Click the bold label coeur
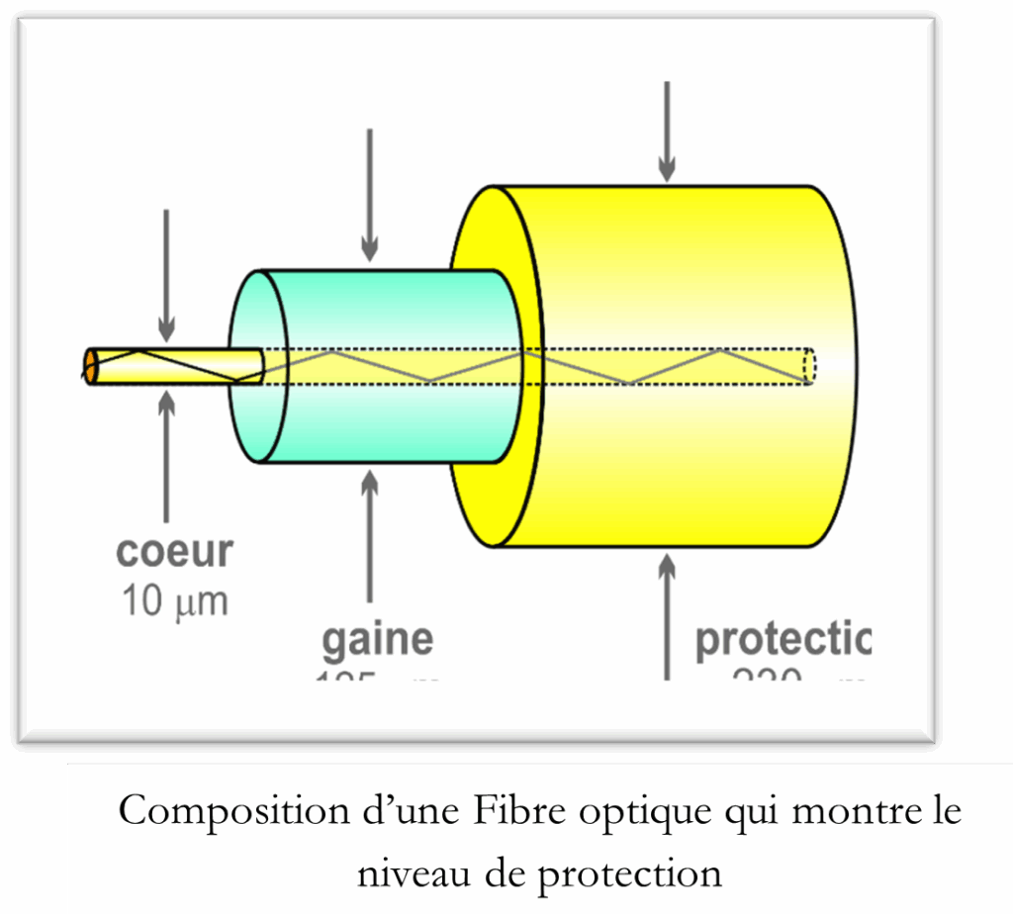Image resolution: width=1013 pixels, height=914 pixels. (174, 551)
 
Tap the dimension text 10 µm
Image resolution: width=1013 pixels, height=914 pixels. (174, 600)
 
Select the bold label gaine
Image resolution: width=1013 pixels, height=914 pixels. (377, 639)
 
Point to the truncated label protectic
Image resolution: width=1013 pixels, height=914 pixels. (783, 640)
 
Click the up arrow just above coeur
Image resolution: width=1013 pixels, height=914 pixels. (166, 455)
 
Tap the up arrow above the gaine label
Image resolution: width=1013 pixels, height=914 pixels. (370, 534)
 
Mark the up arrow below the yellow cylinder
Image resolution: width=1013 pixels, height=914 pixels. (668, 613)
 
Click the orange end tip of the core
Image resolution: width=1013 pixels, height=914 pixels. (90, 366)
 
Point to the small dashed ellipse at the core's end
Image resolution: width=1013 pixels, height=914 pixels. (809, 366)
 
